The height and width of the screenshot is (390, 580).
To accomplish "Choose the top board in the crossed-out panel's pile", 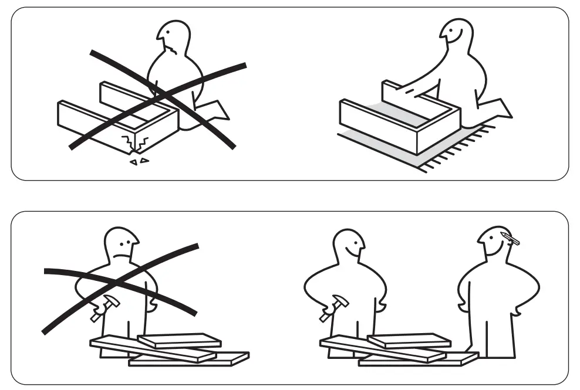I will click(178, 340).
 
